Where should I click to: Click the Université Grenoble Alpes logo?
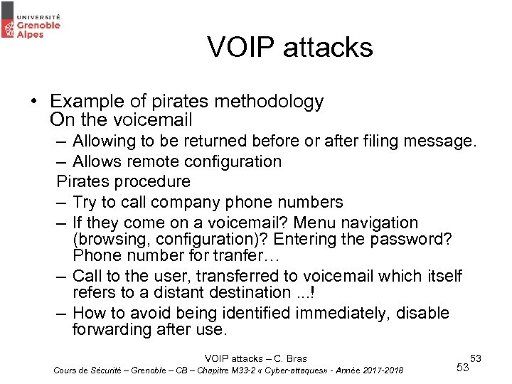pos(31,21)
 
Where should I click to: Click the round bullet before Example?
pos(34,102)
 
